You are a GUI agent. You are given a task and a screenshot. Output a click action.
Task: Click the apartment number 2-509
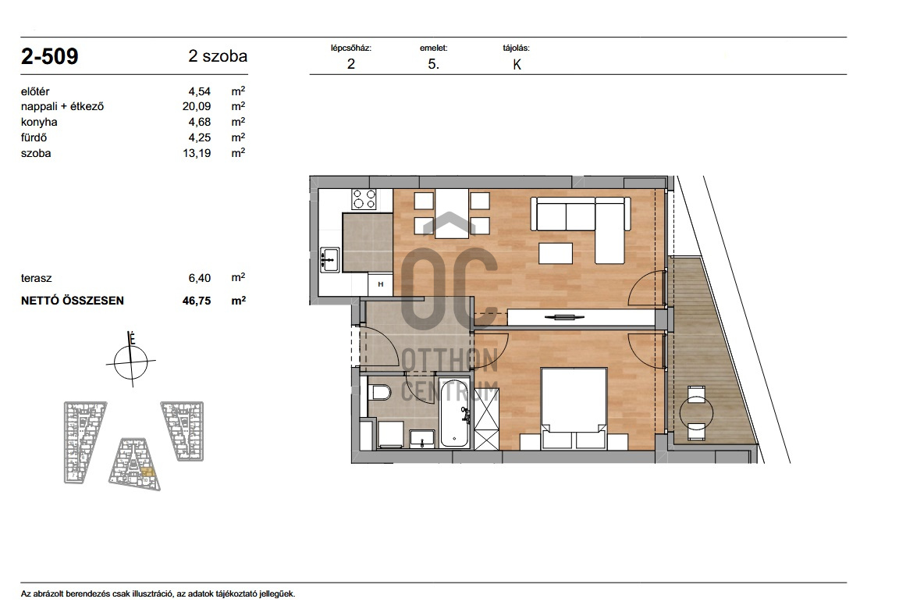pos(49,56)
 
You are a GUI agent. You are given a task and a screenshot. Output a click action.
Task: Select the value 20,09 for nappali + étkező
pos(197,106)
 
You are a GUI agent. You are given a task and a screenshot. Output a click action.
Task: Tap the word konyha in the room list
pos(39,122)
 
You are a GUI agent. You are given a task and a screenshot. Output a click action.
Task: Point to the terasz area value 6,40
pos(200,278)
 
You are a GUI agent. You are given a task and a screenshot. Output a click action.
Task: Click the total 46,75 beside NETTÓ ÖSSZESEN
pos(197,300)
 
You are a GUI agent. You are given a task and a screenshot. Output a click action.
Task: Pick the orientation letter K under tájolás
pos(517,65)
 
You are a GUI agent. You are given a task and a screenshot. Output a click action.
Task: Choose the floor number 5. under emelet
pos(433,64)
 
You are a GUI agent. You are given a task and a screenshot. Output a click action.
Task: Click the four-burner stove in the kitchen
pos(364,200)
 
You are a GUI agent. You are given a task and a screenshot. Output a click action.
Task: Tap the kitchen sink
pos(329,259)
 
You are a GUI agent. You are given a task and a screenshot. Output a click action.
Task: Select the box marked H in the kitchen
pos(381,284)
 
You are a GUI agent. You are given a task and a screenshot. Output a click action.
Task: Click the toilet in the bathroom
pos(379,393)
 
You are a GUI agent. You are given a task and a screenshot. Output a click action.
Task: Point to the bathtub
pos(454,412)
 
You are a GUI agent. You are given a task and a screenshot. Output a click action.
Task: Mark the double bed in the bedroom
pos(574,408)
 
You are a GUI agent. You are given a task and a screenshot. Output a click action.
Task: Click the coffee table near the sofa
pos(556,254)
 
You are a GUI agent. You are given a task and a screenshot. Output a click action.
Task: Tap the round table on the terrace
pos(696,412)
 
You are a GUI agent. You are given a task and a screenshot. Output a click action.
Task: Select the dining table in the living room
pos(453,213)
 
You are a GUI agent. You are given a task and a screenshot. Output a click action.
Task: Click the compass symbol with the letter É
pos(131,361)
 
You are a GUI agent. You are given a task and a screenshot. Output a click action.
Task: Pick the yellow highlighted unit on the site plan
pos(147,474)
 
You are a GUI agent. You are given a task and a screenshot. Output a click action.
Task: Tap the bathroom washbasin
pos(422,438)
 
